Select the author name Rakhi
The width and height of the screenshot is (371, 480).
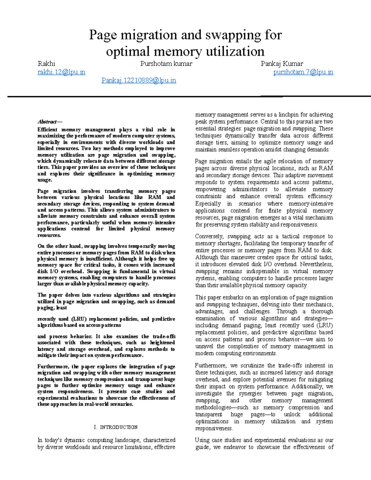coord(46,64)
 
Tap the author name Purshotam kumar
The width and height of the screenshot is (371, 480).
coord(166,64)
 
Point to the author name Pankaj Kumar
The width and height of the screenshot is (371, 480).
coord(282,64)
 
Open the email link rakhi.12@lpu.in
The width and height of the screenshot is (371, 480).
coord(61,72)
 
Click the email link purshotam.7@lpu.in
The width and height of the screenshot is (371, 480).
coord(303,72)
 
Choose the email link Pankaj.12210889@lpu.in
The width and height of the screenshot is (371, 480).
coord(139,80)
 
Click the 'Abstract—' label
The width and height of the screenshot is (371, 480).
coord(50,122)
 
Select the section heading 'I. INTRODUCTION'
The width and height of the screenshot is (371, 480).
coord(116,427)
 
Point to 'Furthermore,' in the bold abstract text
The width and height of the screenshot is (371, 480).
coord(53,367)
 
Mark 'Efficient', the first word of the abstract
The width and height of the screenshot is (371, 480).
coord(47,130)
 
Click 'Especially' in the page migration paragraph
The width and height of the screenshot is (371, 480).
coord(208,204)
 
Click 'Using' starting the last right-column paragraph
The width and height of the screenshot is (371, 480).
coord(202,440)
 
